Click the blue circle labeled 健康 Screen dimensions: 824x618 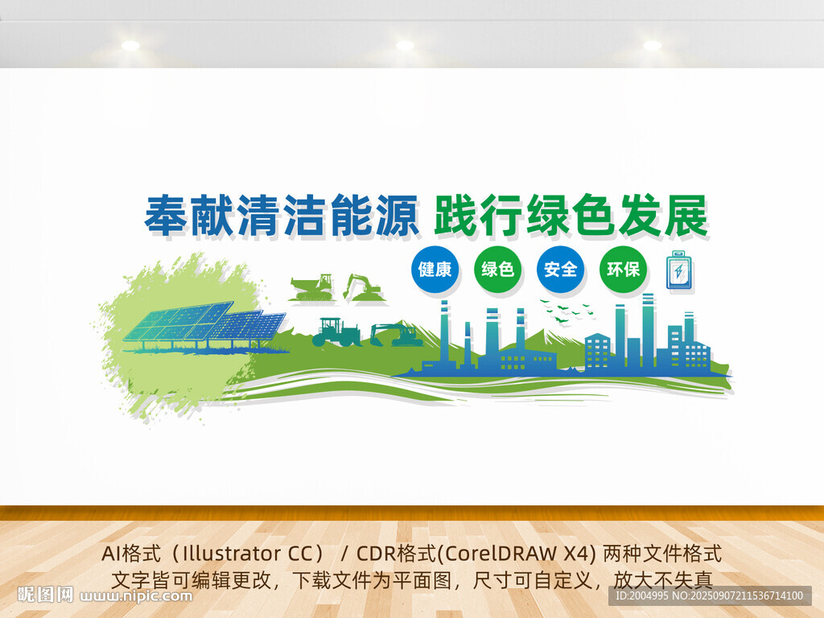(x=435, y=269)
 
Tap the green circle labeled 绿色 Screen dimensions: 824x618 (x=497, y=269)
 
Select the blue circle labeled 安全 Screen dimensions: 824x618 (x=560, y=269)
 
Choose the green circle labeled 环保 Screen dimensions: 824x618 (x=623, y=269)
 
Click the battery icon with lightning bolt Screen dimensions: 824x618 (x=679, y=270)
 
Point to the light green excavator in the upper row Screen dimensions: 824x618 (x=363, y=287)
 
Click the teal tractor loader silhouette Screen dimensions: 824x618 (x=336, y=332)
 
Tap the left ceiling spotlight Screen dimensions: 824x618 (x=130, y=45)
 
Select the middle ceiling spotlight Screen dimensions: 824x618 (x=405, y=45)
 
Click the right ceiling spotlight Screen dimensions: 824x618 (x=652, y=45)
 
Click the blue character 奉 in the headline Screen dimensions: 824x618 (x=167, y=215)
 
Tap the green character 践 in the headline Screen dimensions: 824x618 (x=455, y=215)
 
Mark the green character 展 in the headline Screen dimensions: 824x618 (x=686, y=215)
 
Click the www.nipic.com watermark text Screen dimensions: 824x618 (x=136, y=596)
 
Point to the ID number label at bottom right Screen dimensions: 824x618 (x=710, y=596)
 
